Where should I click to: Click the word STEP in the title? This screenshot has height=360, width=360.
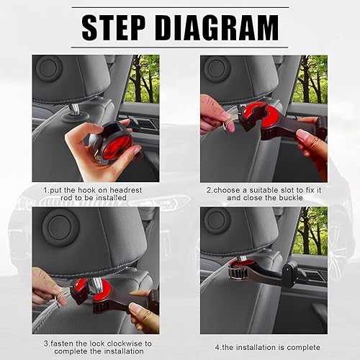(114, 27)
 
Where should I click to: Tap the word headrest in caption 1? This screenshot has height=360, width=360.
(126, 190)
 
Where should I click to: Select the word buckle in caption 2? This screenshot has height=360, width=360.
(291, 198)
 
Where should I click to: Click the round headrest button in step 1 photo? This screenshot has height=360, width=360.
(48, 68)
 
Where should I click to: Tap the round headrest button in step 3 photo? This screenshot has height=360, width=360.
(61, 227)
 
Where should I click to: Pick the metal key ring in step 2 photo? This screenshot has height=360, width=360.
(229, 124)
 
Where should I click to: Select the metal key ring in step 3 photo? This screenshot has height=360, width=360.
(60, 297)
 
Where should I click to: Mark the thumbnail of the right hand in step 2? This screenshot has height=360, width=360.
(304, 135)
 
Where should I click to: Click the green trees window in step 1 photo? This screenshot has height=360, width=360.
(142, 79)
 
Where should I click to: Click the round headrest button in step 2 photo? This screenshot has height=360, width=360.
(217, 68)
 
